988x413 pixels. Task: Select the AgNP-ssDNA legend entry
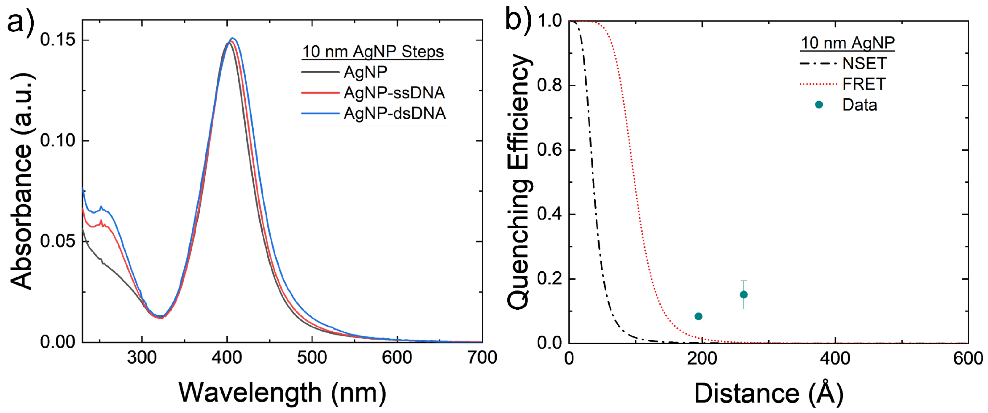tap(394, 93)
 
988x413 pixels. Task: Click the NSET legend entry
tap(864, 63)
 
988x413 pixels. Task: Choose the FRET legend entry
tap(864, 84)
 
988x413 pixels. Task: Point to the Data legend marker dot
tap(819, 105)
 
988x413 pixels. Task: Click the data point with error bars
tap(744, 295)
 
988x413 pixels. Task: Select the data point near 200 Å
tap(698, 316)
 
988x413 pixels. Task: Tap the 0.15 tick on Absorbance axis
tap(58, 40)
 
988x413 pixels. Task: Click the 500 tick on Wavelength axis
tap(312, 358)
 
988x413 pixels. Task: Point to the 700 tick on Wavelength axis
tap(482, 358)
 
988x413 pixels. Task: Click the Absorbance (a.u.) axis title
tap(22, 180)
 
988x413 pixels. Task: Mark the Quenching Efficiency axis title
tap(519, 180)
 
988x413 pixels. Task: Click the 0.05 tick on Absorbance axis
tap(58, 241)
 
